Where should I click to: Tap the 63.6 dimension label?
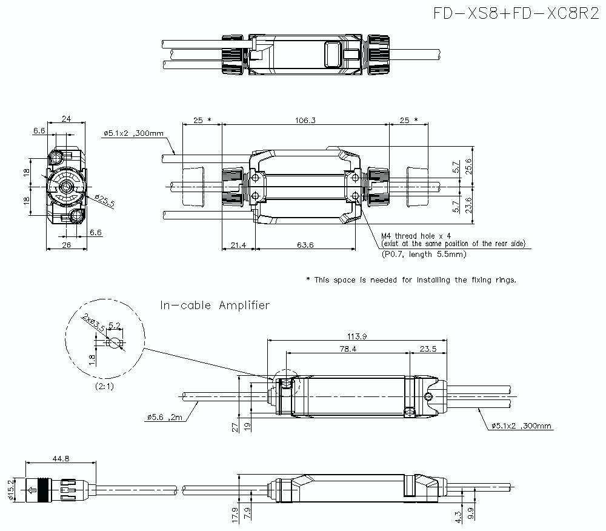point(306,245)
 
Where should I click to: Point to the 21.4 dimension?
point(238,245)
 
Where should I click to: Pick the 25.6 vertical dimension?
point(476,165)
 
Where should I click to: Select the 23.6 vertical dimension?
point(476,206)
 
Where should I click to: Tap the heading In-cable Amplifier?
point(215,306)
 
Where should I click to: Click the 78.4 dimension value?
point(348,349)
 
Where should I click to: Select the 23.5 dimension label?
point(429,349)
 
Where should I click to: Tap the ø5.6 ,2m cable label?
point(164,417)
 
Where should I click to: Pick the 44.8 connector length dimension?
point(61,459)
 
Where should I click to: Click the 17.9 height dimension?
point(234,514)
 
